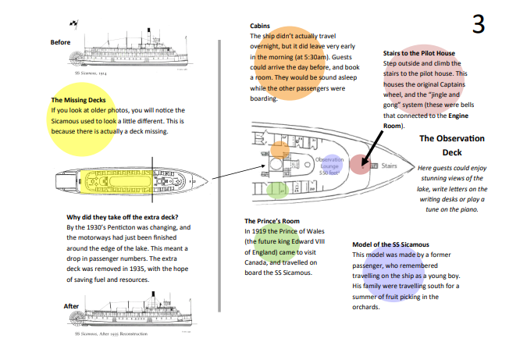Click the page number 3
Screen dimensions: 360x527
pos(479,25)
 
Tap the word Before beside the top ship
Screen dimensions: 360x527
pos(61,42)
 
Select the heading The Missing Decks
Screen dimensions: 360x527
pos(78,100)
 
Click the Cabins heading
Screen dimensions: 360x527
pos(261,26)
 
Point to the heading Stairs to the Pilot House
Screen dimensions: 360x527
pos(418,53)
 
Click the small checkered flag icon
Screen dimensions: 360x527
pos(73,23)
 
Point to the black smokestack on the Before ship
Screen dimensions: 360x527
pos(148,35)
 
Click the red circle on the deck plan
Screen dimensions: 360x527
pos(358,165)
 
